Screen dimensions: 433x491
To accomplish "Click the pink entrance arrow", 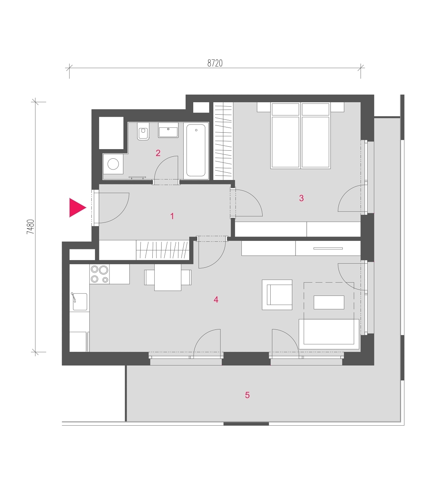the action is (76, 208).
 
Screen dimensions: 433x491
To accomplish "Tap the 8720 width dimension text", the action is (215, 63).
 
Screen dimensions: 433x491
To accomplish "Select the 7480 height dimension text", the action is (30, 226).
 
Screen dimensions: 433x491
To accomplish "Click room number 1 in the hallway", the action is (172, 216).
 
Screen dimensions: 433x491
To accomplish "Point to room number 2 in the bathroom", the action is (158, 153).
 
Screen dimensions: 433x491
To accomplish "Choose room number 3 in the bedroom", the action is (301, 198).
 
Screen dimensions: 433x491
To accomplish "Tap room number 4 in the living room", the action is (216, 300).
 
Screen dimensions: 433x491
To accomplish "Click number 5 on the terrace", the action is (247, 395).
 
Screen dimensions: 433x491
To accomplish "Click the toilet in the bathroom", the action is (143, 131).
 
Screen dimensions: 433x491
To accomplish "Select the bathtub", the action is (196, 150).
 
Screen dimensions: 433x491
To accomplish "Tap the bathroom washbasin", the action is (168, 130).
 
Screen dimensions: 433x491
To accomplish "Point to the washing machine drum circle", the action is (113, 164).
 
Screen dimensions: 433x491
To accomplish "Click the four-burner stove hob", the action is (99, 274).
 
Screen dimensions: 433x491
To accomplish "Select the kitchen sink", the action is (80, 302).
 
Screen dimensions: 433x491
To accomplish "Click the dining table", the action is (168, 277).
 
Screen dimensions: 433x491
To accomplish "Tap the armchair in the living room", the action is (277, 295).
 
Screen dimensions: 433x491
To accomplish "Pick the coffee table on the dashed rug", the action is (329, 302).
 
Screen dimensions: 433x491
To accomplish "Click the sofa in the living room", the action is (329, 334).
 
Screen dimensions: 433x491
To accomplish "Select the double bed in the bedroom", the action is (300, 135).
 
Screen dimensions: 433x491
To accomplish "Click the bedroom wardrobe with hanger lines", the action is (223, 141).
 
